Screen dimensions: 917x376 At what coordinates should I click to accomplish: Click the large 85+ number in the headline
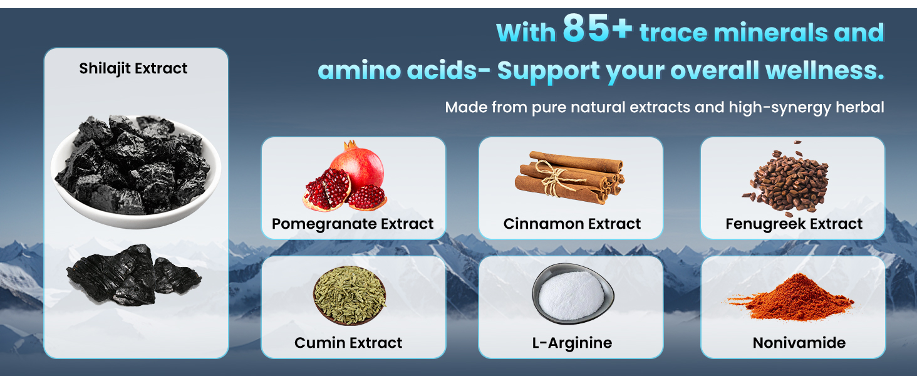598,28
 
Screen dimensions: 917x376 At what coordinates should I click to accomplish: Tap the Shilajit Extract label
133,68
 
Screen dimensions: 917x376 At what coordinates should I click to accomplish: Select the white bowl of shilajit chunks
135,172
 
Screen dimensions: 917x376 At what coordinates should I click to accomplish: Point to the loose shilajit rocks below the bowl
134,275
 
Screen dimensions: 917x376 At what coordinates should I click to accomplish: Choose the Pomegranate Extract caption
353,224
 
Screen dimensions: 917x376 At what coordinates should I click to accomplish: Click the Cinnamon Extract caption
572,224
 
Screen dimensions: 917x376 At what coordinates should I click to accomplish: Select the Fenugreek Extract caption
794,224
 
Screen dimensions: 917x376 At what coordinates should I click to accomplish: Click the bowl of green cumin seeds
349,295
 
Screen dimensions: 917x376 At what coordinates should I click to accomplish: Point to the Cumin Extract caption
348,343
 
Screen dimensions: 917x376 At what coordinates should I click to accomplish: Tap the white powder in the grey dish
571,295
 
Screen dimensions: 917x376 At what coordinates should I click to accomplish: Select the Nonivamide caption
799,343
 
